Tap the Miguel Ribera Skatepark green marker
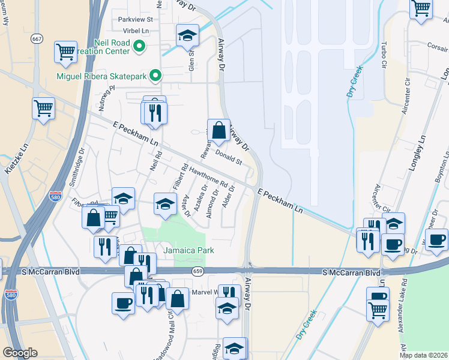pos(156,76)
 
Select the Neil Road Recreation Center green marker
pos(140,46)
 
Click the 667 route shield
pos(37,39)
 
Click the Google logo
pos(20,353)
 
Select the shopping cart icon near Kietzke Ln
pos(43,109)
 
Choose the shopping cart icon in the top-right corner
pos(421,8)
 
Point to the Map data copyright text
pos(423,355)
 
